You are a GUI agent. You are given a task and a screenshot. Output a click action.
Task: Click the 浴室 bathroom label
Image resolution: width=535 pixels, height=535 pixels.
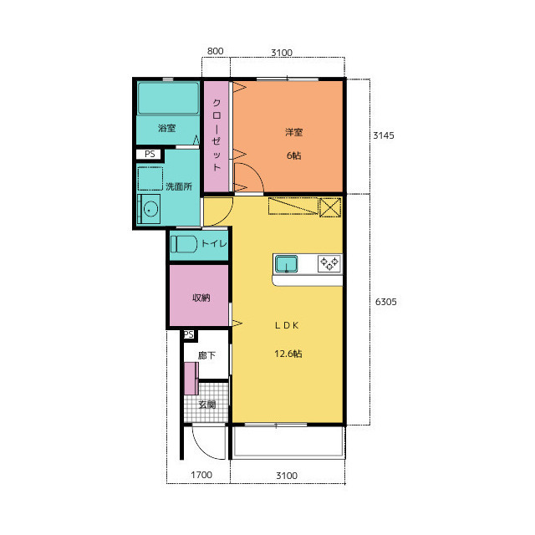pyautogui.click(x=166, y=128)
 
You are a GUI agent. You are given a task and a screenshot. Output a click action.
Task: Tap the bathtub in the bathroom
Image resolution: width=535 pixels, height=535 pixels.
pyautogui.click(x=168, y=98)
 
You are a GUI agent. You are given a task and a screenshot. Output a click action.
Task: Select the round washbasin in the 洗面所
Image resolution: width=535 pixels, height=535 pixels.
pyautogui.click(x=150, y=209)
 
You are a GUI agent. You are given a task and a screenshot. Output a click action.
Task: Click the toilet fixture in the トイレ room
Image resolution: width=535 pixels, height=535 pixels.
pyautogui.click(x=184, y=244)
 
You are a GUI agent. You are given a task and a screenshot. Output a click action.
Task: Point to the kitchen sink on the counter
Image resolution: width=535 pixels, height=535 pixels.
pyautogui.click(x=286, y=264)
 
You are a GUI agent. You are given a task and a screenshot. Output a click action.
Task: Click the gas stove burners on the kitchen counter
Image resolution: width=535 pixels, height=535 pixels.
pyautogui.click(x=329, y=263)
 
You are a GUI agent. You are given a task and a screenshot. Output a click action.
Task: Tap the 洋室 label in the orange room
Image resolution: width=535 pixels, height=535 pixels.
pyautogui.click(x=293, y=132)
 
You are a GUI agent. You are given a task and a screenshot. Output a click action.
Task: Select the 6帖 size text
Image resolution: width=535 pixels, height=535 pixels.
pyautogui.click(x=293, y=155)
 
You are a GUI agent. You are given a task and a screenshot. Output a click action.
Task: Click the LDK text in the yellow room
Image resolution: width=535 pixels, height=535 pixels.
pyautogui.click(x=287, y=325)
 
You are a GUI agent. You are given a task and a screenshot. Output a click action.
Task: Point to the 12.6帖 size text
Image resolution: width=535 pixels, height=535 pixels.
pyautogui.click(x=288, y=354)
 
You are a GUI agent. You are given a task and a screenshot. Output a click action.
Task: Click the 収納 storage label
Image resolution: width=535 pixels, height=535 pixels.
pyautogui.click(x=201, y=298)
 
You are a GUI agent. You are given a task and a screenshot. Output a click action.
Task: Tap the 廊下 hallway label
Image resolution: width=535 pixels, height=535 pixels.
pyautogui.click(x=206, y=355)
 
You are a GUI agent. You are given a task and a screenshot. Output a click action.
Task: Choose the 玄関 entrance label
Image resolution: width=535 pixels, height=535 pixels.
pyautogui.click(x=206, y=405)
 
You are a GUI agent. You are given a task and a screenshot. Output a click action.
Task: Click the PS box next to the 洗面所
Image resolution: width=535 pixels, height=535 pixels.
pyautogui.click(x=150, y=154)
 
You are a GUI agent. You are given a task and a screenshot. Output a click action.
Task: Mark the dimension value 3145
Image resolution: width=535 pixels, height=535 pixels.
pyautogui.click(x=384, y=135)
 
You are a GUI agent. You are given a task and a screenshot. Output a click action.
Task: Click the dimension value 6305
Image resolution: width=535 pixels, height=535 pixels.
pyautogui.click(x=386, y=302)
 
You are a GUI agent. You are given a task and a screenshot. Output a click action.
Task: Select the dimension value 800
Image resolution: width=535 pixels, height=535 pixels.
pyautogui.click(x=216, y=51)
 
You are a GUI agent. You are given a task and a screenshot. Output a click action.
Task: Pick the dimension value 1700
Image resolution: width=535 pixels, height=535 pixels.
pyautogui.click(x=201, y=475)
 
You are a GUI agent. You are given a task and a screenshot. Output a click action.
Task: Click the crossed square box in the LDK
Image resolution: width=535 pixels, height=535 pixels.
pyautogui.click(x=330, y=207)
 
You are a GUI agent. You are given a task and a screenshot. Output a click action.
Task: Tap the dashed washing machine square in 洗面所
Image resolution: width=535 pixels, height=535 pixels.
pyautogui.click(x=150, y=178)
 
